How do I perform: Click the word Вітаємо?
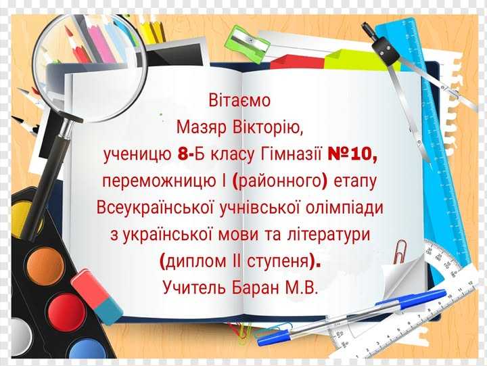[240, 101]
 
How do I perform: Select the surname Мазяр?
[201, 127]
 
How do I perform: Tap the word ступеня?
[279, 260]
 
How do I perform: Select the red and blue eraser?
[97, 295]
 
